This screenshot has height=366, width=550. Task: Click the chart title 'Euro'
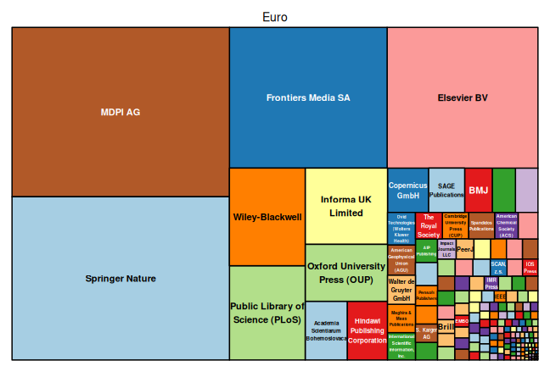(275, 17)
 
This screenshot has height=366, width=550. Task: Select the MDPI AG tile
(121, 112)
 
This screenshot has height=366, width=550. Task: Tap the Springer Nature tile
(121, 278)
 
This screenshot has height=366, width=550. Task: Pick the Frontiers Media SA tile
(308, 97)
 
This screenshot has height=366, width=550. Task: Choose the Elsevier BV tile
(463, 97)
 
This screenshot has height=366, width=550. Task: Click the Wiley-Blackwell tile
(267, 217)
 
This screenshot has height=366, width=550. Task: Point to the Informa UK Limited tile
(346, 206)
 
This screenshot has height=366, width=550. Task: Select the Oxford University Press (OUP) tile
(346, 273)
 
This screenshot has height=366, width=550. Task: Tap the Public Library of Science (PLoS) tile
(267, 313)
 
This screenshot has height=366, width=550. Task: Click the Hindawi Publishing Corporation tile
(368, 330)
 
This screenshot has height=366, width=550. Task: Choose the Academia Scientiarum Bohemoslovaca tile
(326, 330)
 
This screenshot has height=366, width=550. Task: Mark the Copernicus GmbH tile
(407, 191)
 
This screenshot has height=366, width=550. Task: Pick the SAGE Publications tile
(446, 191)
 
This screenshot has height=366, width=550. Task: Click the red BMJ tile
(478, 191)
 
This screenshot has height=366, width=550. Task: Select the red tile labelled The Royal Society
(429, 225)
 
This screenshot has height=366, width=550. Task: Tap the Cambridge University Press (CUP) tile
(455, 225)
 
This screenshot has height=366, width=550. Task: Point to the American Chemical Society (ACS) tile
(506, 225)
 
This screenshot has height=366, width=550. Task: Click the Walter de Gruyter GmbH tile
(401, 289)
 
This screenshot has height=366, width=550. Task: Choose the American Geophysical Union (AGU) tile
(401, 259)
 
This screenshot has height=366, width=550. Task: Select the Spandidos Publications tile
(481, 225)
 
